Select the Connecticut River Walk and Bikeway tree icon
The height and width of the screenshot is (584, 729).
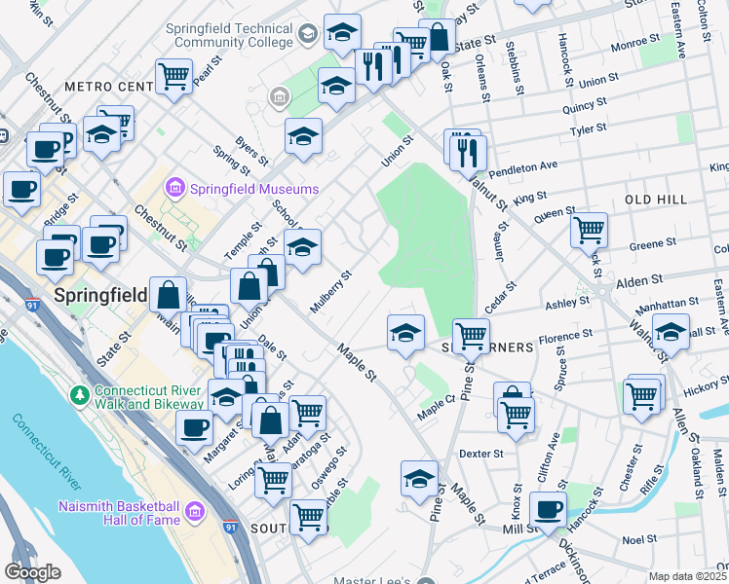tap(79, 395)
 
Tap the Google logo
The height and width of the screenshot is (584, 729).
tap(33, 572)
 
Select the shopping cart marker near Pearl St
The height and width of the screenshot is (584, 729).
tap(173, 75)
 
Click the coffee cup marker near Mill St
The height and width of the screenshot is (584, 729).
tap(549, 508)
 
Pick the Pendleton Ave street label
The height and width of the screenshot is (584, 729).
tap(521, 170)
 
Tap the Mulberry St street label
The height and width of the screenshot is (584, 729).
tap(330, 292)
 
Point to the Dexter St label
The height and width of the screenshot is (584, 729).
tap(480, 454)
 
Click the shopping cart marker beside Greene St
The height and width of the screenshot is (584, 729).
tap(589, 230)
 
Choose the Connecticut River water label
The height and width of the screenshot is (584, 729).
tap(47, 455)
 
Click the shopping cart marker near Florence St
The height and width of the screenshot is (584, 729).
tap(471, 336)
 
